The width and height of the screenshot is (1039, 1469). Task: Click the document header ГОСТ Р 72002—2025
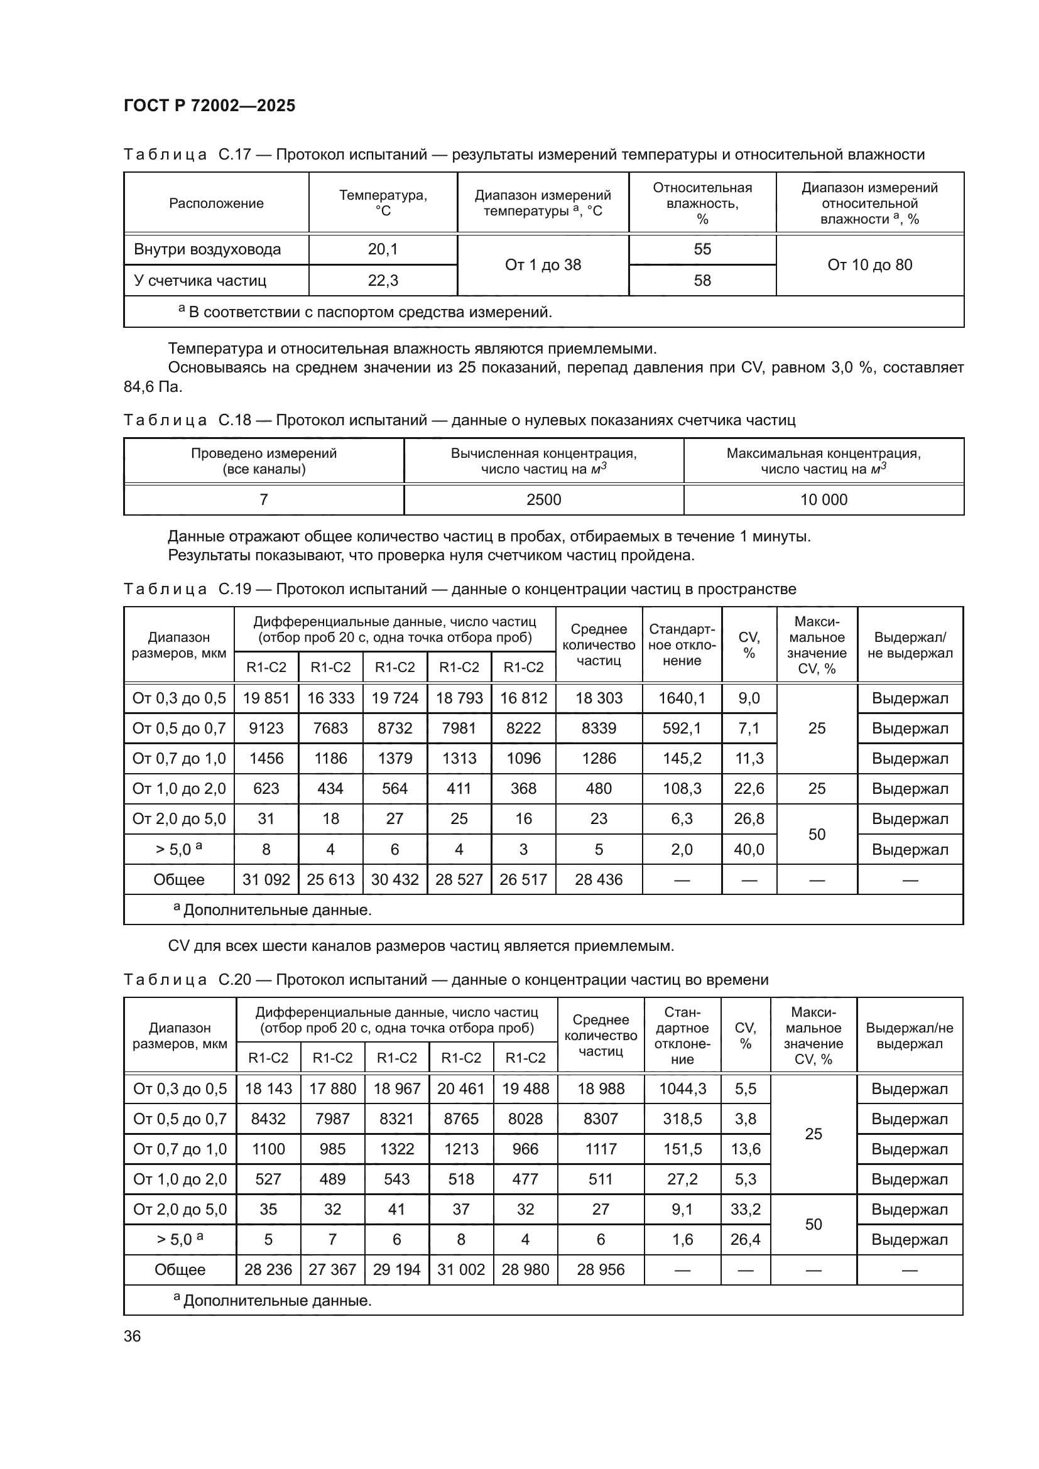pos(209,106)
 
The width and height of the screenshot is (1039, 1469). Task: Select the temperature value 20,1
pos(383,249)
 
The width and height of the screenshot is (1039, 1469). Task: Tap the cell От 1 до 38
pos(543,265)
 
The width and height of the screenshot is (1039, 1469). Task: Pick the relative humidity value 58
pos(702,280)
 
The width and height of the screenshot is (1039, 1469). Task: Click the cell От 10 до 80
pos(869,265)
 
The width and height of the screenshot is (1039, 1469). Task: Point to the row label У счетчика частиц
pos(200,280)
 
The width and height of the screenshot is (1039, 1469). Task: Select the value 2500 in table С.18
pos(543,500)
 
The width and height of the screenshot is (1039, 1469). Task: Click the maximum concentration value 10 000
pos(824,500)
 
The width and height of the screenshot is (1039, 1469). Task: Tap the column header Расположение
pos(216,203)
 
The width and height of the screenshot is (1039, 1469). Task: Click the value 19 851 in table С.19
pos(266,698)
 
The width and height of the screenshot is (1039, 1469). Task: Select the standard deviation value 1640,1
pos(682,698)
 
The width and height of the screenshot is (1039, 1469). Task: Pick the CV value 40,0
pos(749,849)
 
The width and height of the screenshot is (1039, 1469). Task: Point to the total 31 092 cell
pos(266,879)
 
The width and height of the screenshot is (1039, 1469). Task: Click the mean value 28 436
pos(598,879)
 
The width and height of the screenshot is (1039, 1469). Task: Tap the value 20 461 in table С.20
pos(460,1088)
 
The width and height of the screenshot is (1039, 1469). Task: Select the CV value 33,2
pos(746,1208)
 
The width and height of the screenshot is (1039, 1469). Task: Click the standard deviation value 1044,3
pos(682,1088)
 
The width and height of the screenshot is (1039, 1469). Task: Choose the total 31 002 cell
pos(460,1269)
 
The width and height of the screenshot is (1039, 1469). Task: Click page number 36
pos(133,1336)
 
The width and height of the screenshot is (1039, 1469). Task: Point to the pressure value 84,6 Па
pos(152,386)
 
